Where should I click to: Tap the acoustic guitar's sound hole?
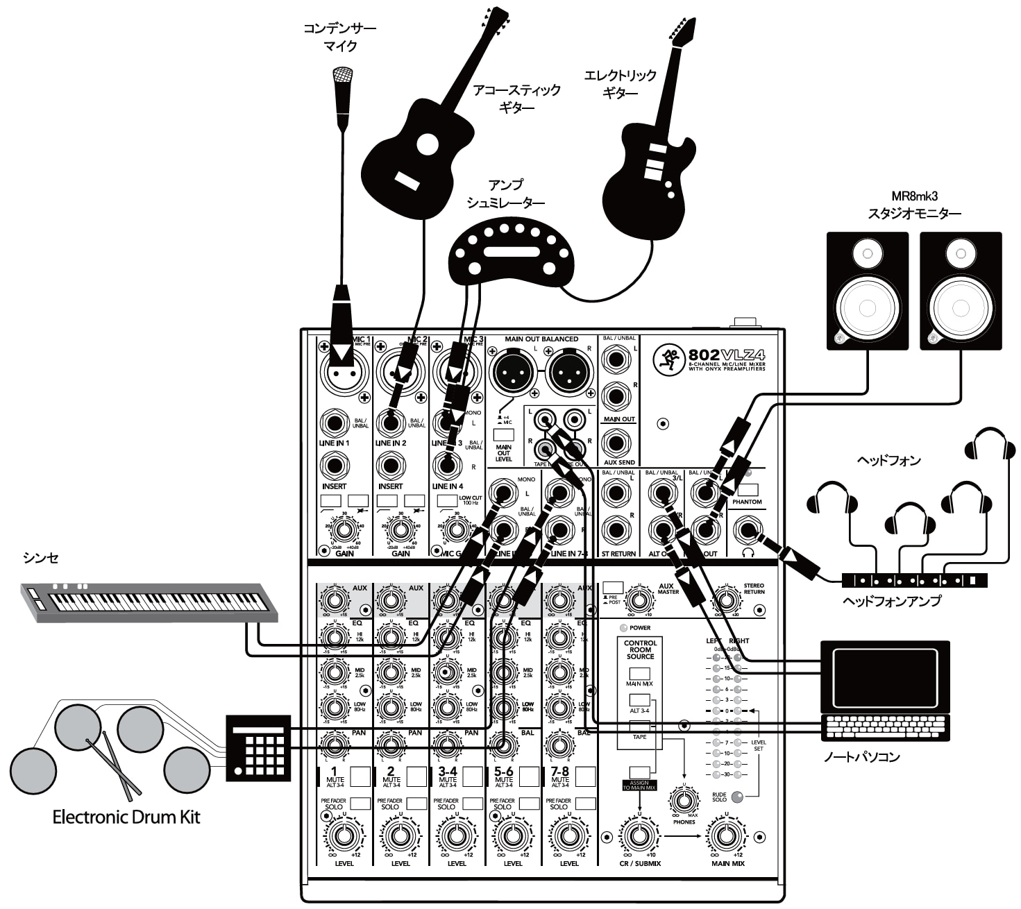(428, 144)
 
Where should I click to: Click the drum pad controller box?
(258, 747)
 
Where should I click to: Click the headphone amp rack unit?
(914, 579)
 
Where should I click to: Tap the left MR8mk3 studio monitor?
(867, 290)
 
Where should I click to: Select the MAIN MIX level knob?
(727, 835)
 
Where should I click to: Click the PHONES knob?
(684, 801)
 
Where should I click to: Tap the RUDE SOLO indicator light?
(737, 797)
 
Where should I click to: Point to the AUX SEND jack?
(617, 442)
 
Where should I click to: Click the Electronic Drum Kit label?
(126, 817)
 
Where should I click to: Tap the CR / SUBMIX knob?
(639, 835)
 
